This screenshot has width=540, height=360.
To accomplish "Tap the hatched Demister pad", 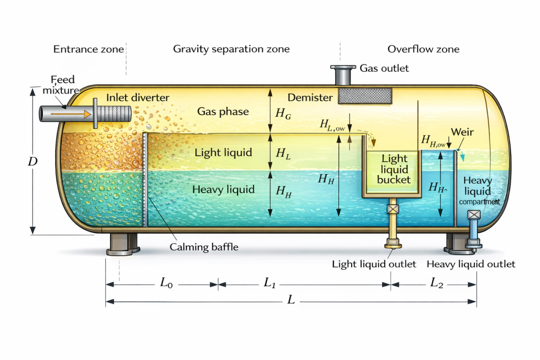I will [365, 95].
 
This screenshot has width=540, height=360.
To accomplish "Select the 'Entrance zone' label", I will [89, 49].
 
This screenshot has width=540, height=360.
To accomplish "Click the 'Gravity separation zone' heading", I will [231, 49].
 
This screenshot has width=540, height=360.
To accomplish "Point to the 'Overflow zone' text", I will [423, 49].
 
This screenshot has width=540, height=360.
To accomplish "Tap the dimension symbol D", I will [33, 161].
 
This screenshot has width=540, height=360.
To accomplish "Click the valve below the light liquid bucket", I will [393, 210].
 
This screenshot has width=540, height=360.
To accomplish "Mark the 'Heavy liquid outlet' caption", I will [471, 264].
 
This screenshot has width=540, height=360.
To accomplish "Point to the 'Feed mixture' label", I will [63, 85].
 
